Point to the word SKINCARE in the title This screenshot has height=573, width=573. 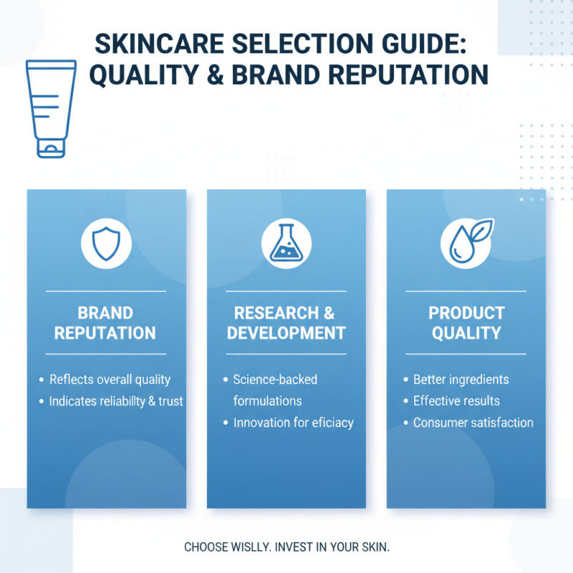pyautogui.click(x=155, y=44)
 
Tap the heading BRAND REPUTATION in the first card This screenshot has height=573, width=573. pyautogui.click(x=106, y=323)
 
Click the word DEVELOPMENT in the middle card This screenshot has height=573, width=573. pyautogui.click(x=286, y=333)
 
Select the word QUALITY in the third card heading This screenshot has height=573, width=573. pyautogui.click(x=466, y=333)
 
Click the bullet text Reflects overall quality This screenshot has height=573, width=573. pyautogui.click(x=110, y=380)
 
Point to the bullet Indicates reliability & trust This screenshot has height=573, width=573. pyautogui.click(x=116, y=401)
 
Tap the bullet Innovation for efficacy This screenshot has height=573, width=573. pyautogui.click(x=293, y=423)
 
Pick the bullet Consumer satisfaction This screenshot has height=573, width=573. pyautogui.click(x=473, y=423)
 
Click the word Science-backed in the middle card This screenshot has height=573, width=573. pyautogui.click(x=275, y=380)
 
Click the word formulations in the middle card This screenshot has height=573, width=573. pyautogui.click(x=267, y=401)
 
